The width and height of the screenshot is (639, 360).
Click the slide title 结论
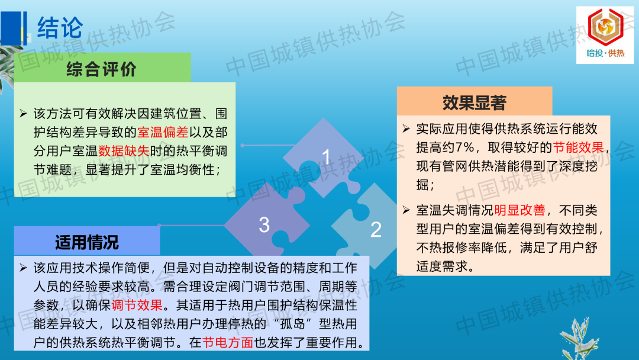pos(60,28)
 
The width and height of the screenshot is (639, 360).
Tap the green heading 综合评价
pos(102,69)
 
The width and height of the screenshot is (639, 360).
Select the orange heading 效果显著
pos(475,103)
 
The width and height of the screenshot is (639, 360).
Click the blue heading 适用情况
pos(87,242)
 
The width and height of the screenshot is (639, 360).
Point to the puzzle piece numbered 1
pos(324,157)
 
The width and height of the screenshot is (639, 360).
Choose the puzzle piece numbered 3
pos(267,222)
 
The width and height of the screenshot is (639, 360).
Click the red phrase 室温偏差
pos(163,132)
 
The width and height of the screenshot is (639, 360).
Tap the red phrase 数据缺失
pos(124,151)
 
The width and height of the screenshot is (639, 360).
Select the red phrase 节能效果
pos(578,147)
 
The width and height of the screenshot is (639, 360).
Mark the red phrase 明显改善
pos(519,210)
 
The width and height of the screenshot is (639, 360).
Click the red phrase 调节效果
pos(137,305)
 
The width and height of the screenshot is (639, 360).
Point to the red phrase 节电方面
pos(228,342)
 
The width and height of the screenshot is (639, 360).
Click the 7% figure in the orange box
pos(464,147)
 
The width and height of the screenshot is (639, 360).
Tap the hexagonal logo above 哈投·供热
pos(605,27)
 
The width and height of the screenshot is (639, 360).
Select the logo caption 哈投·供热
pos(605,53)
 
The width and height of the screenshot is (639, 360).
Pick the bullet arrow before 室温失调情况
pos(406,210)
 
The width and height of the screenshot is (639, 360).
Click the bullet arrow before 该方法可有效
pos(23,113)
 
